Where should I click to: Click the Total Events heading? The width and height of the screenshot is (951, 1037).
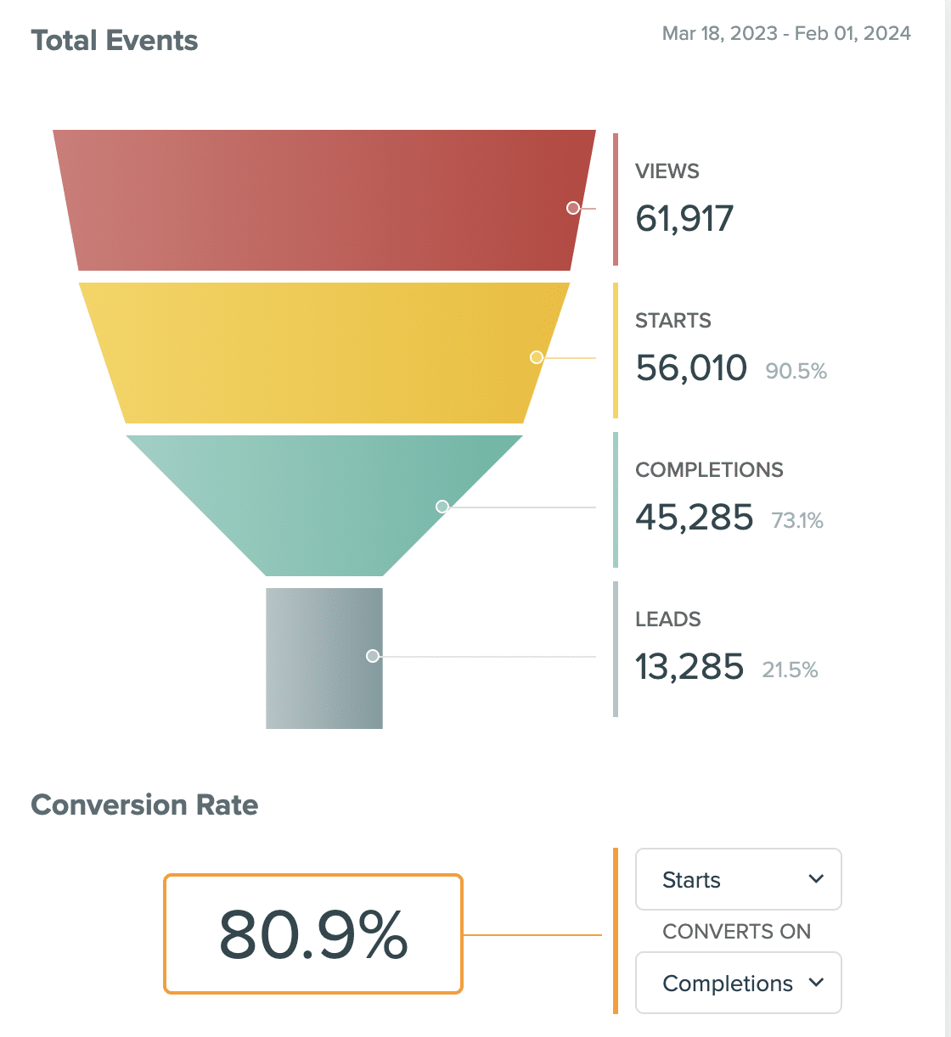pos(115,41)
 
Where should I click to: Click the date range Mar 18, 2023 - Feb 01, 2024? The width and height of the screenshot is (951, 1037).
pos(786,33)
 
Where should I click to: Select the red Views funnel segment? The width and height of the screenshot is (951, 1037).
pos(323,200)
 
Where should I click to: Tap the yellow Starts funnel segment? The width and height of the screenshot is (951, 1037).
pos(323,352)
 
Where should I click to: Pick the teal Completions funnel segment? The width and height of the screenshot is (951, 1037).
pos(323,501)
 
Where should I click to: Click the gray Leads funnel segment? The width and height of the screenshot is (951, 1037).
pos(324,658)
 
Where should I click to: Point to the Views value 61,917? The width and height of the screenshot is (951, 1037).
pos(684,219)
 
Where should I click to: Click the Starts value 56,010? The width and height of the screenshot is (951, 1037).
pos(691,368)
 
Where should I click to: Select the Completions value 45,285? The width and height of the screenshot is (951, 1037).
pos(694,518)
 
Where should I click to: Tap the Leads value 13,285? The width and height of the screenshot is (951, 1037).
pos(689,667)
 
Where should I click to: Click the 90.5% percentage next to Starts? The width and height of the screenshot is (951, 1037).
pos(796,371)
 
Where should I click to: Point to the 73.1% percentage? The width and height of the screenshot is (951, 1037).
pos(797,520)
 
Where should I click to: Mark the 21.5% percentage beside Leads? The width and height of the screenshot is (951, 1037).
pos(790,670)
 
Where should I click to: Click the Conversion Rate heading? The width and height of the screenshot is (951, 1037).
pos(144,804)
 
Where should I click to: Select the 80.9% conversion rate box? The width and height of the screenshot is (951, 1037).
pos(313,933)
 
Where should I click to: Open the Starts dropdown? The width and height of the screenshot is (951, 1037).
pos(738,879)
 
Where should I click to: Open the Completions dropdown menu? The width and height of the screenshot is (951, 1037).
pos(738,983)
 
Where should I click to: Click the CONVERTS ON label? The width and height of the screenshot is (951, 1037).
pos(736,931)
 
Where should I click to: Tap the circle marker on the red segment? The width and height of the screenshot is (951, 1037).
pos(573,208)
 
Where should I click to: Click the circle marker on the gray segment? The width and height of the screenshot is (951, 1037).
pos(372,656)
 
